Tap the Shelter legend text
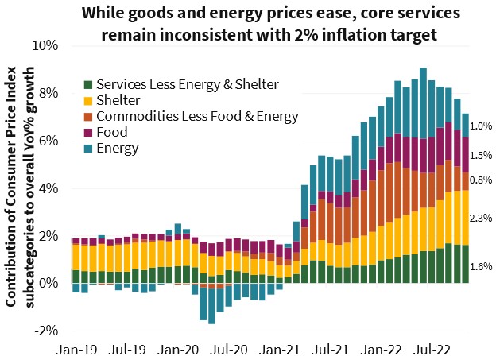point(117,100)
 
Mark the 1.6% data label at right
point(481,266)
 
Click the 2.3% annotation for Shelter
point(481,218)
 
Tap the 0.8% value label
point(481,180)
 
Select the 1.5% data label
point(481,155)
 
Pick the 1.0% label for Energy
point(481,126)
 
